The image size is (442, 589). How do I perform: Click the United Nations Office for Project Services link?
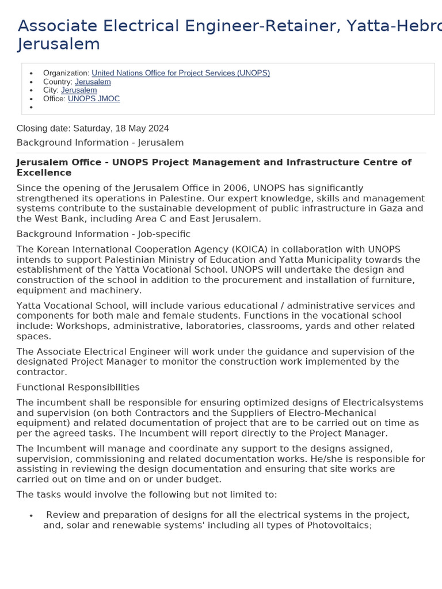click(181, 73)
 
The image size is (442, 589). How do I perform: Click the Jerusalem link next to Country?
click(93, 82)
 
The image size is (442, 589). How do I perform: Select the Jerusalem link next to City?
click(79, 90)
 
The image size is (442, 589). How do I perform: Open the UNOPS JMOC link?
click(94, 99)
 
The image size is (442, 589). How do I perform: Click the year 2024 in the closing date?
click(158, 128)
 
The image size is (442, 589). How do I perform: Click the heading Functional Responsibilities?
click(78, 388)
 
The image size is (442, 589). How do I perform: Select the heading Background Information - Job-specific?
click(104, 234)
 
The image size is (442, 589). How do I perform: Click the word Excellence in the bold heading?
click(44, 173)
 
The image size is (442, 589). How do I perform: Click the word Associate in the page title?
click(54, 26)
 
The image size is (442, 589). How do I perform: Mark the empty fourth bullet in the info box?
click(31, 108)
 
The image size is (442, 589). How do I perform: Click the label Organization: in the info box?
click(66, 73)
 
